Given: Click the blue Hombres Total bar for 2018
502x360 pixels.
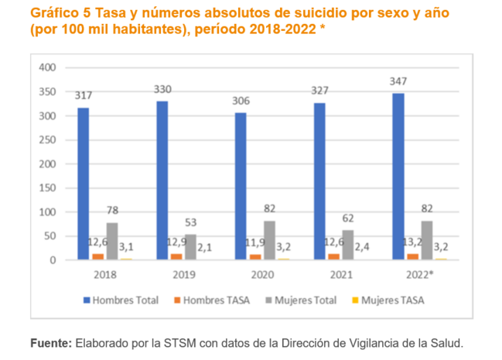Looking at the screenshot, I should [x=84, y=184].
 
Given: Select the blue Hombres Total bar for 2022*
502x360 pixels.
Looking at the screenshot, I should [x=398, y=177].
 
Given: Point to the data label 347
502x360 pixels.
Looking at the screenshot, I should [x=398, y=81].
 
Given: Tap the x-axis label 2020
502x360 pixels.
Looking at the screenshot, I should [x=262, y=274].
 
